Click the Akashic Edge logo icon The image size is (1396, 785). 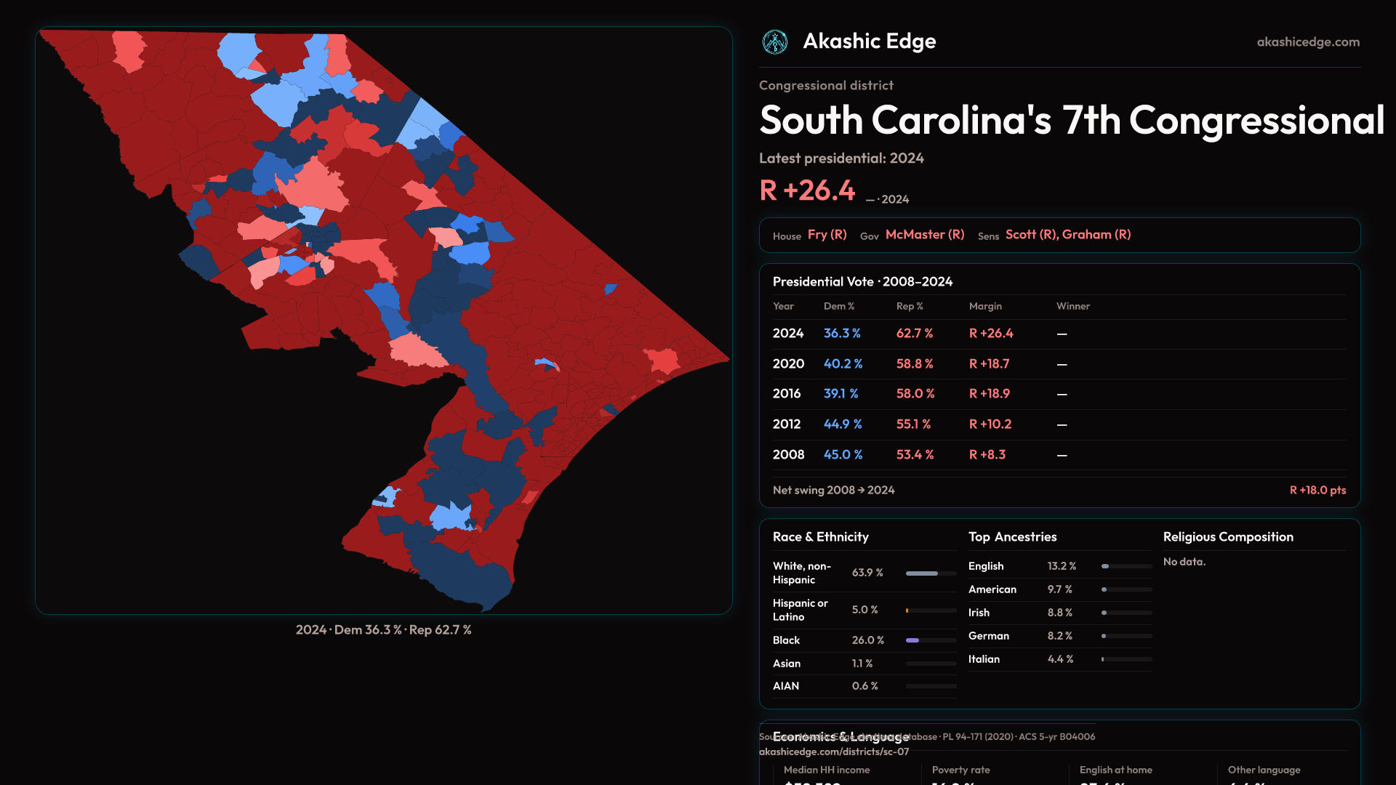pyautogui.click(x=775, y=42)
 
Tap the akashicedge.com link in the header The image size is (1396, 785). pyautogui.click(x=1308, y=42)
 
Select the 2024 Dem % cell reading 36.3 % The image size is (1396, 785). pyautogui.click(x=842, y=334)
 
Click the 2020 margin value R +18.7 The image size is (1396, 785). pyautogui.click(x=989, y=364)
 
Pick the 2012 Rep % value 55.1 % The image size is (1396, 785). pyautogui.click(x=913, y=424)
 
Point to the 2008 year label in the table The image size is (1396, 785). pyautogui.click(x=788, y=455)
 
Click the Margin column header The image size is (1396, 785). pyautogui.click(x=985, y=307)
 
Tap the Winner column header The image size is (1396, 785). pyautogui.click(x=1072, y=307)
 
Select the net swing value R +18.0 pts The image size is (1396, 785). pyautogui.click(x=1317, y=491)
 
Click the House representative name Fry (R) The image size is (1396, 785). pyautogui.click(x=827, y=235)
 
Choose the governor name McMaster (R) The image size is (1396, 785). pyautogui.click(x=925, y=235)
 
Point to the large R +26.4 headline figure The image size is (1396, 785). pyautogui.click(x=807, y=190)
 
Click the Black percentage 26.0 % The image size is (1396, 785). pyautogui.click(x=867, y=640)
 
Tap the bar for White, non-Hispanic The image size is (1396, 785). pyautogui.click(x=931, y=573)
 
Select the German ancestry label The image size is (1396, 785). pyautogui.click(x=988, y=636)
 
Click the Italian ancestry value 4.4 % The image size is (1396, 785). pyautogui.click(x=1060, y=659)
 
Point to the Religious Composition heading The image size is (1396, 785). pyautogui.click(x=1228, y=537)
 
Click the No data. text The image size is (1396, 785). pyautogui.click(x=1184, y=562)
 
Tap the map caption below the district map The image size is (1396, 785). pyautogui.click(x=383, y=630)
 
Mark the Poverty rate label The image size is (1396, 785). pyautogui.click(x=960, y=770)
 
